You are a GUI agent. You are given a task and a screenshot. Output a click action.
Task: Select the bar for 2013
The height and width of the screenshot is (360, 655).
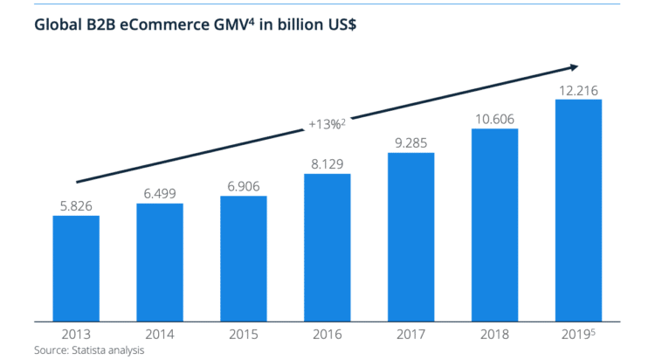(x=76, y=267)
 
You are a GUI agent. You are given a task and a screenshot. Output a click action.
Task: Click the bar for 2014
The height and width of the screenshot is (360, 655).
(x=160, y=262)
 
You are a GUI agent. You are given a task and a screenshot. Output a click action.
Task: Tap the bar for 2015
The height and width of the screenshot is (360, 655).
(x=244, y=259)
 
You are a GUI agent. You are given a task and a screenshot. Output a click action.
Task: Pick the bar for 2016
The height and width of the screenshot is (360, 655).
(x=327, y=247)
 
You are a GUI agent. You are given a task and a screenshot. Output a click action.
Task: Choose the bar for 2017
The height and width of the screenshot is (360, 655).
(x=411, y=237)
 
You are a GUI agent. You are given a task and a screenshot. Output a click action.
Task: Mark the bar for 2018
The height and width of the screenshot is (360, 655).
(x=495, y=225)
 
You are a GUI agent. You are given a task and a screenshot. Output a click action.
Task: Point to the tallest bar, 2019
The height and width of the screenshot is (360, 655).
(x=578, y=210)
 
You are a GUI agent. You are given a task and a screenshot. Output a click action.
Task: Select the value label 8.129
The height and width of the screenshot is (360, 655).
(x=327, y=163)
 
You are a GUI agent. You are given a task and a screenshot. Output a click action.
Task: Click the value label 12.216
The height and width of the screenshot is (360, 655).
(x=578, y=89)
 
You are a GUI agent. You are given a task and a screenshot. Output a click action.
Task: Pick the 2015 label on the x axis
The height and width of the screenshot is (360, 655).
(x=244, y=333)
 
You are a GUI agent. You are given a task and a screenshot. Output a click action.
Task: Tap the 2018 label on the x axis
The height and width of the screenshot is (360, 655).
(x=495, y=333)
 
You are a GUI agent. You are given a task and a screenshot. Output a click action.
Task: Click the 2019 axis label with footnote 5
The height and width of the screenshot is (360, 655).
(x=579, y=333)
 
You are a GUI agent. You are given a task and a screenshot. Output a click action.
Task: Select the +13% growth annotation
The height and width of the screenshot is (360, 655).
(x=327, y=124)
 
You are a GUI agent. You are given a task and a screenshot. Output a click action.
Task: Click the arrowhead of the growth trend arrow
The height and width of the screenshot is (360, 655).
(x=574, y=66)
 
